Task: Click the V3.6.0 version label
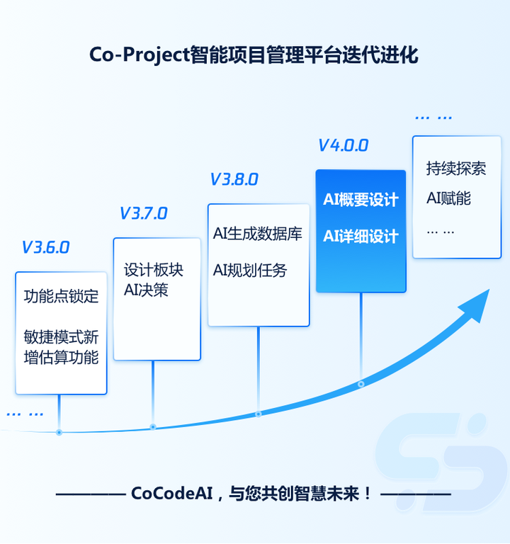pyautogui.click(x=45, y=247)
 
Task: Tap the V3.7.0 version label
pyautogui.click(x=143, y=213)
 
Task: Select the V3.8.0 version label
pyautogui.click(x=234, y=179)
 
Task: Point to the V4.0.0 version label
pyautogui.click(x=343, y=145)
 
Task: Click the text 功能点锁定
pyautogui.click(x=61, y=296)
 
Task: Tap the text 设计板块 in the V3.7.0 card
pyautogui.click(x=154, y=271)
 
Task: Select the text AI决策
pyautogui.click(x=146, y=290)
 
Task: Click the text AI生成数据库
pyautogui.click(x=258, y=233)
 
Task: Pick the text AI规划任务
pyautogui.click(x=250, y=270)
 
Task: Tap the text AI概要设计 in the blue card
pyautogui.click(x=361, y=200)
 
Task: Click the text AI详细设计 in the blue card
pyautogui.click(x=361, y=236)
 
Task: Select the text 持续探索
pyautogui.click(x=456, y=169)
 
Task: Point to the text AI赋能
pyautogui.click(x=448, y=198)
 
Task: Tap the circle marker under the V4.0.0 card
pyautogui.click(x=361, y=384)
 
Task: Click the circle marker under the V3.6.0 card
pyautogui.click(x=59, y=432)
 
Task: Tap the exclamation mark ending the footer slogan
pyautogui.click(x=367, y=493)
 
